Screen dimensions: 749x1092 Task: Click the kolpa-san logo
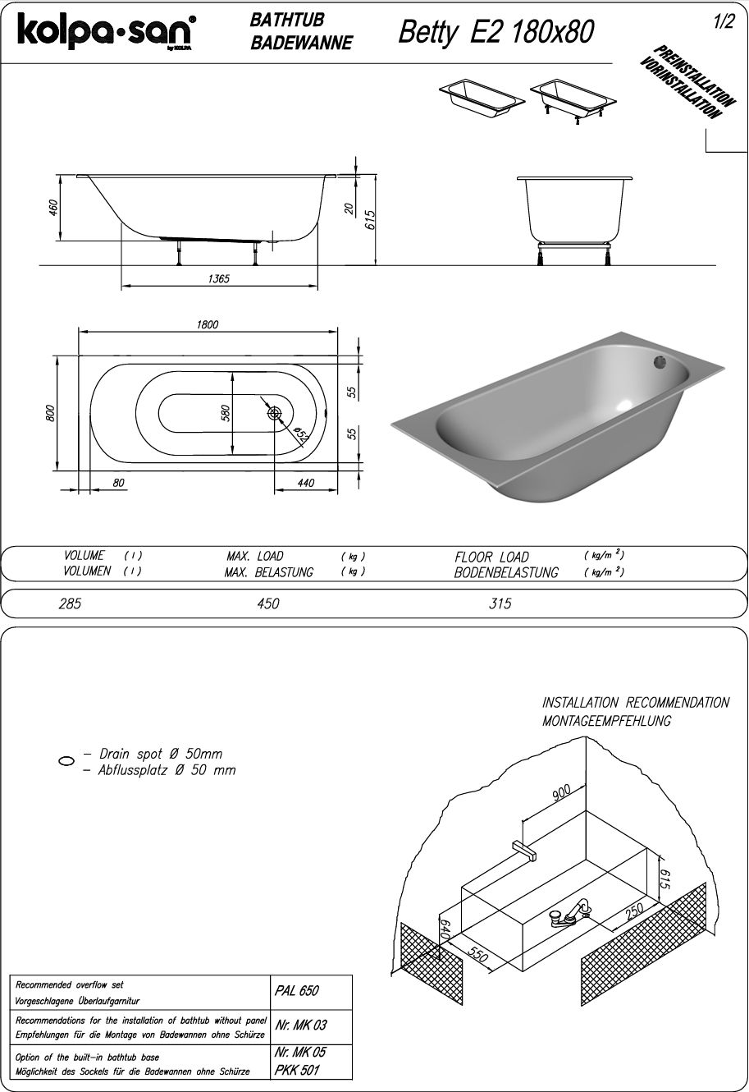pos(107,32)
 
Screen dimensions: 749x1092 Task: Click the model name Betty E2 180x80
pos(496,33)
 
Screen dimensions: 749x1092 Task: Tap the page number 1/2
pos(724,22)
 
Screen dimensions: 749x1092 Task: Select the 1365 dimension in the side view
pos(218,278)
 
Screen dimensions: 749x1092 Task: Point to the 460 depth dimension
pos(53,207)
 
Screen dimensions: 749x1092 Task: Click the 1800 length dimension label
pos(208,324)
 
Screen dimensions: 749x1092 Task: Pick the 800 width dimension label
pos(51,414)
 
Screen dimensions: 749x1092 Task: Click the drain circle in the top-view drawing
pos(275,413)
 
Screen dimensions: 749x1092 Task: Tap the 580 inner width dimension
pos(225,413)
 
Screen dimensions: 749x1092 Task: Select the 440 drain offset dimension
pos(305,483)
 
